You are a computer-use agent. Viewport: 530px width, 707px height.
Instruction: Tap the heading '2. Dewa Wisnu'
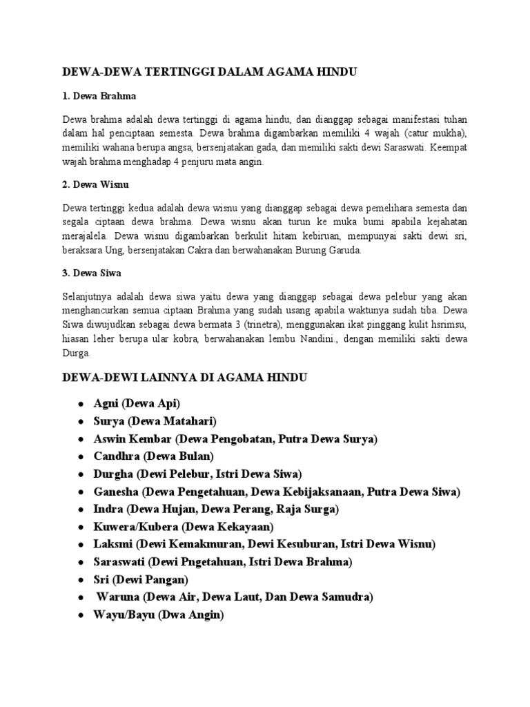pos(96,184)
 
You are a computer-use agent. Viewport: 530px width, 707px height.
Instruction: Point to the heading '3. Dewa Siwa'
pos(92,273)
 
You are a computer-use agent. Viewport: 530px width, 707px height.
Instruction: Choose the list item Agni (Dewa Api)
pos(137,403)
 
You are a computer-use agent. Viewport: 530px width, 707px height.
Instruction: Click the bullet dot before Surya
pos(81,421)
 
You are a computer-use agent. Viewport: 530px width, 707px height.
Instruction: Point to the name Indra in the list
pos(108,509)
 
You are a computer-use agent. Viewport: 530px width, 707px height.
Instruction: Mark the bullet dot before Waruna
pos(81,597)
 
